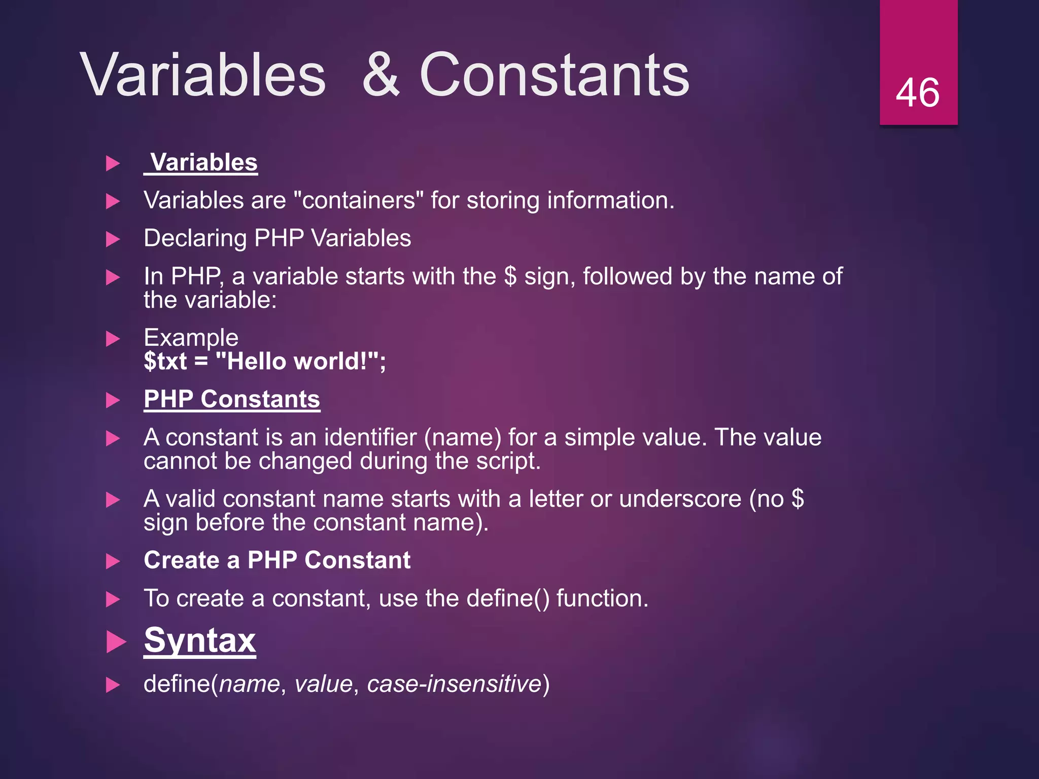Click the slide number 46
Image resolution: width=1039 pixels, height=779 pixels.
917,93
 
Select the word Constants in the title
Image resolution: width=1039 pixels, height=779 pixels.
554,75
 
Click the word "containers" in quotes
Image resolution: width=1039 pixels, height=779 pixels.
359,200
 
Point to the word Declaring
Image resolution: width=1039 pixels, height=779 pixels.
195,238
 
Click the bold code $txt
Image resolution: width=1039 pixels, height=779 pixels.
165,362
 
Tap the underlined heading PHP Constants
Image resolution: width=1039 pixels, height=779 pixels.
232,399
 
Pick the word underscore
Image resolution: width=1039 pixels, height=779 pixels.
680,499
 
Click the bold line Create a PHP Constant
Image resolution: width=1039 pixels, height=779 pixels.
277,560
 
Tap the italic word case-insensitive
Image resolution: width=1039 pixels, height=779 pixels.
454,684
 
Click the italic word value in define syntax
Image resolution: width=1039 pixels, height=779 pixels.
323,684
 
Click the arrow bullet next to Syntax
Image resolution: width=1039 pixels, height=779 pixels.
116,642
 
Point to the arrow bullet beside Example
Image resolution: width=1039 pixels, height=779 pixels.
113,339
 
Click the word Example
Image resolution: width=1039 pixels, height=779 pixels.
191,338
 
